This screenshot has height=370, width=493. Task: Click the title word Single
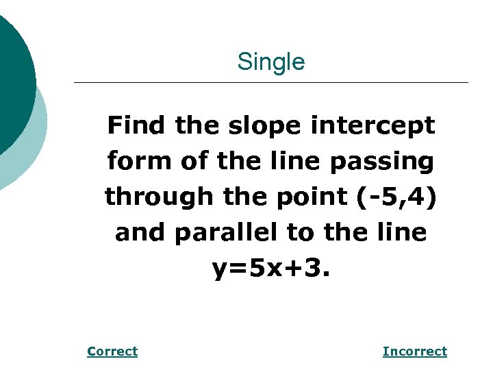tap(271, 62)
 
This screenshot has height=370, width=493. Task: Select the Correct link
tap(112, 351)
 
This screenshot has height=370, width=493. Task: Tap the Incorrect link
tap(414, 351)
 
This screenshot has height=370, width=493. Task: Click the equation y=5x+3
tap(271, 269)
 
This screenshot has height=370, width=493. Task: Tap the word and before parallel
tap(140, 233)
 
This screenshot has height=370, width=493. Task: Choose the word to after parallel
tap(299, 233)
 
